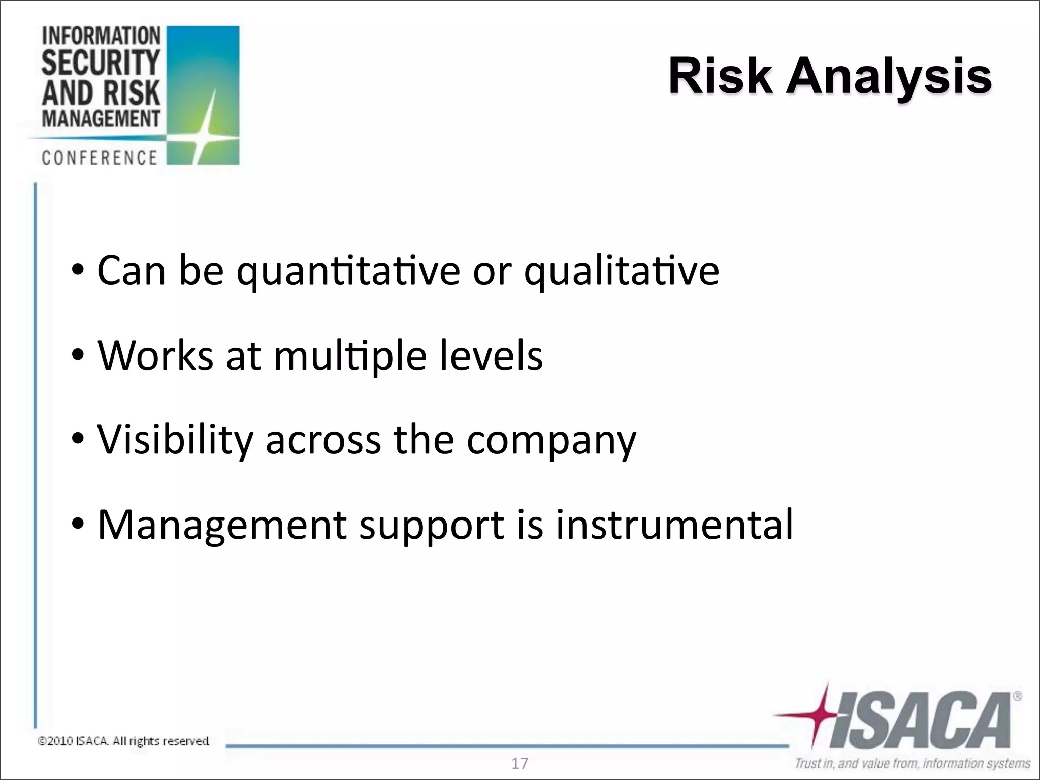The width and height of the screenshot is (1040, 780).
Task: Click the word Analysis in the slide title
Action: [x=889, y=77]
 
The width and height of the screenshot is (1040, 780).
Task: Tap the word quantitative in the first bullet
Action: [x=348, y=272]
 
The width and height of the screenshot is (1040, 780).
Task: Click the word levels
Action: [x=491, y=355]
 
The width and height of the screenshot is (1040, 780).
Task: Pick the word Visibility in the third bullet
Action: [x=175, y=440]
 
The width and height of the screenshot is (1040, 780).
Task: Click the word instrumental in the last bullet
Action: [x=674, y=524]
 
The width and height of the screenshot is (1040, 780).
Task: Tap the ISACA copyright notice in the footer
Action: [x=123, y=741]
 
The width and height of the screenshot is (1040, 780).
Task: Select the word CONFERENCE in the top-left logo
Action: [x=100, y=158]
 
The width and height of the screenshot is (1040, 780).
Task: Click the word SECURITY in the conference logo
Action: [x=101, y=63]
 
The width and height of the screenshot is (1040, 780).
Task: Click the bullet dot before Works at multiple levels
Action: [x=77, y=355]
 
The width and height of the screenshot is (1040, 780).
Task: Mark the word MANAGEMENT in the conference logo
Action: [x=101, y=119]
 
